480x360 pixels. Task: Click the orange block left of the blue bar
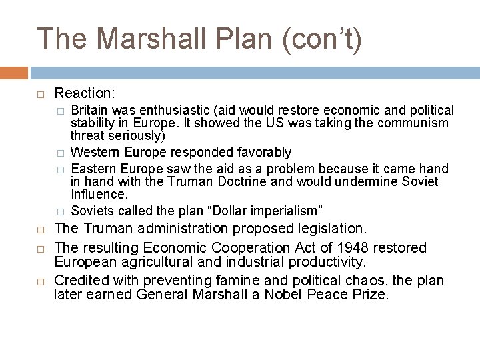pyautogui.click(x=14, y=73)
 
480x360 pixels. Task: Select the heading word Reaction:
pyautogui.click(x=85, y=93)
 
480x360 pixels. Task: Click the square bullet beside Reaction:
pyautogui.click(x=41, y=93)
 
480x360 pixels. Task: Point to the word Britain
pyautogui.click(x=90, y=110)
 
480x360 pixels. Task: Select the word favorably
pyautogui.click(x=259, y=152)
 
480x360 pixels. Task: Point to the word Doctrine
pyautogui.click(x=254, y=181)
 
